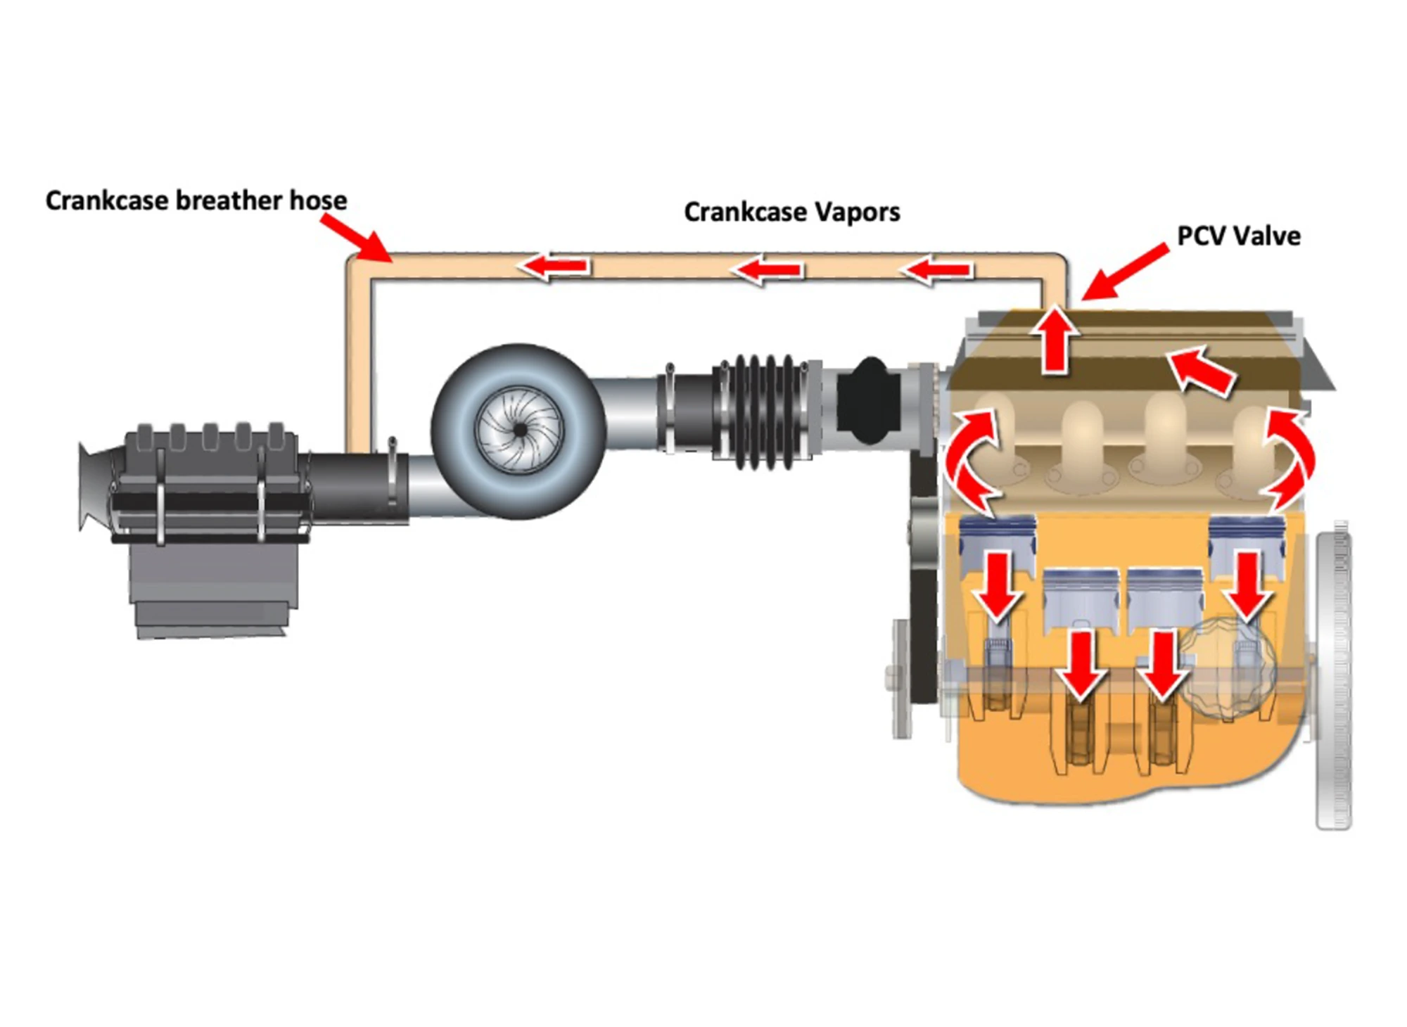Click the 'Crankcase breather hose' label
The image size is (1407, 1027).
[x=196, y=200]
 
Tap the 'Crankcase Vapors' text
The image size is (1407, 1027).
[x=791, y=212]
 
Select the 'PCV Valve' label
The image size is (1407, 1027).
[x=1238, y=236]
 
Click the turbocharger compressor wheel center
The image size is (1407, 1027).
[x=520, y=430]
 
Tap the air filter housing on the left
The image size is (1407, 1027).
[x=211, y=513]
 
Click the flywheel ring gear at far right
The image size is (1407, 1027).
[x=1333, y=675]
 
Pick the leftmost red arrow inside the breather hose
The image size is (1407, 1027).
[x=554, y=266]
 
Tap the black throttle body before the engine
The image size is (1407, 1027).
[x=870, y=401]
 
